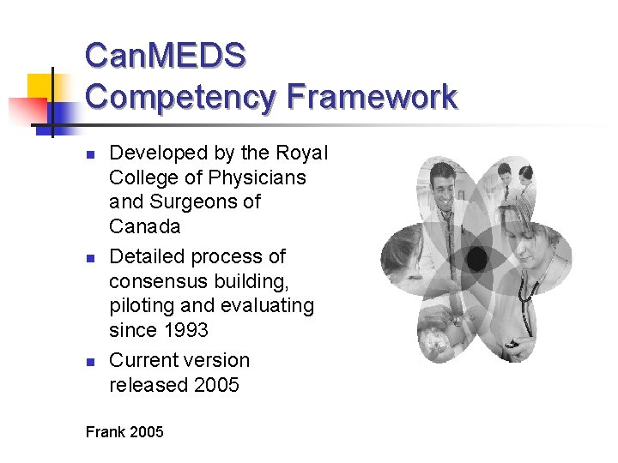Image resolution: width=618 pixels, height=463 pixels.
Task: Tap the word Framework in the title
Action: pyautogui.click(x=372, y=96)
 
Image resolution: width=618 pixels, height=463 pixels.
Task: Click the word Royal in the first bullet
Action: pyautogui.click(x=302, y=153)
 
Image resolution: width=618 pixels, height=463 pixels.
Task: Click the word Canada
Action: pyautogui.click(x=145, y=226)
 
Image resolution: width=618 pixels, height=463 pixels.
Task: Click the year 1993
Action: pyautogui.click(x=185, y=330)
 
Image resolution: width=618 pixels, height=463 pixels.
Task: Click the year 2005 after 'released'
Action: pyautogui.click(x=217, y=385)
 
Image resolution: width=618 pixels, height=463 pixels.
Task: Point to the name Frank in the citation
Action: pyautogui.click(x=105, y=431)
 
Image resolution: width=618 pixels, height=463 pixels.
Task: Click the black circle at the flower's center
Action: pyautogui.click(x=477, y=258)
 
